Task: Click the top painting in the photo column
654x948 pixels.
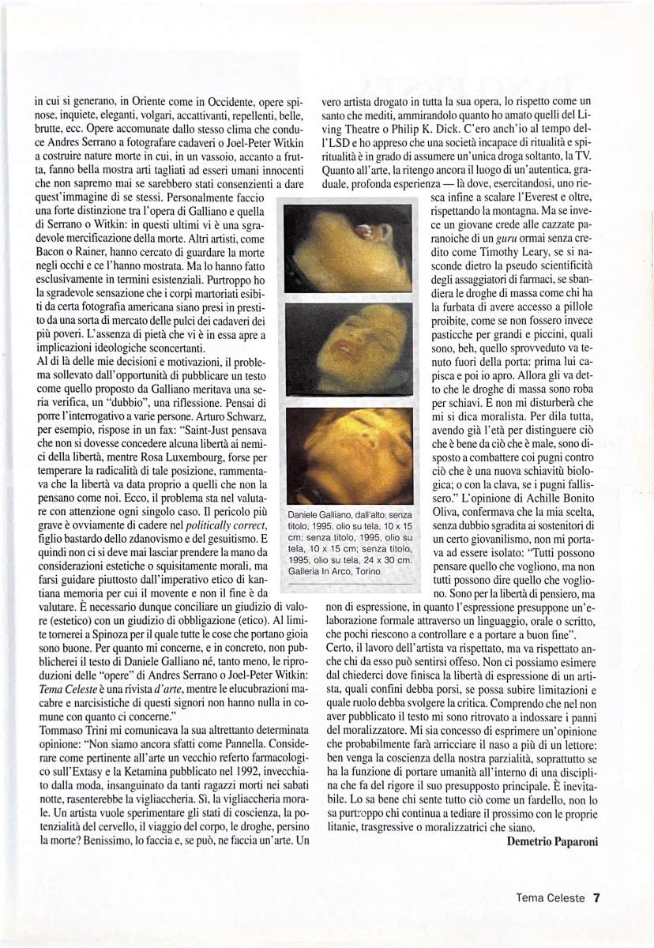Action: point(348,247)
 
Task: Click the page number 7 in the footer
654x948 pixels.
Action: point(597,897)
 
